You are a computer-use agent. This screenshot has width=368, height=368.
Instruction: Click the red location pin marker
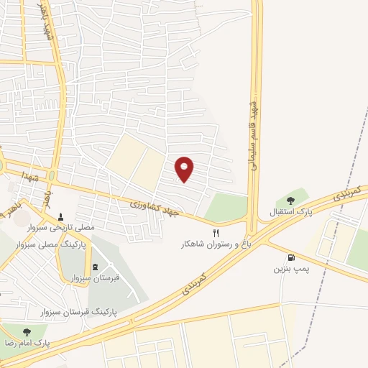click(185, 169)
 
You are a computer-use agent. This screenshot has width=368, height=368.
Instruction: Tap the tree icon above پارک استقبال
click(291, 201)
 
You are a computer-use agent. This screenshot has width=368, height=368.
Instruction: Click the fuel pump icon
click(290, 258)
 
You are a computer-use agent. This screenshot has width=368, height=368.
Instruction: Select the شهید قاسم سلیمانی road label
click(253, 130)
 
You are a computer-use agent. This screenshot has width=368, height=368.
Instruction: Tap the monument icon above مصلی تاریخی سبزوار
click(60, 216)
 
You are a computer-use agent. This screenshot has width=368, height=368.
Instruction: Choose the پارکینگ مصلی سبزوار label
click(80, 245)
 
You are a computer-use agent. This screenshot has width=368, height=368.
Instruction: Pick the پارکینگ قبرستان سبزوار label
click(78, 312)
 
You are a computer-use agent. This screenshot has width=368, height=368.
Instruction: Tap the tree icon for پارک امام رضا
click(27, 332)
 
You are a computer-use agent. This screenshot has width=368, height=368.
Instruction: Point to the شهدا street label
click(29, 175)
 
